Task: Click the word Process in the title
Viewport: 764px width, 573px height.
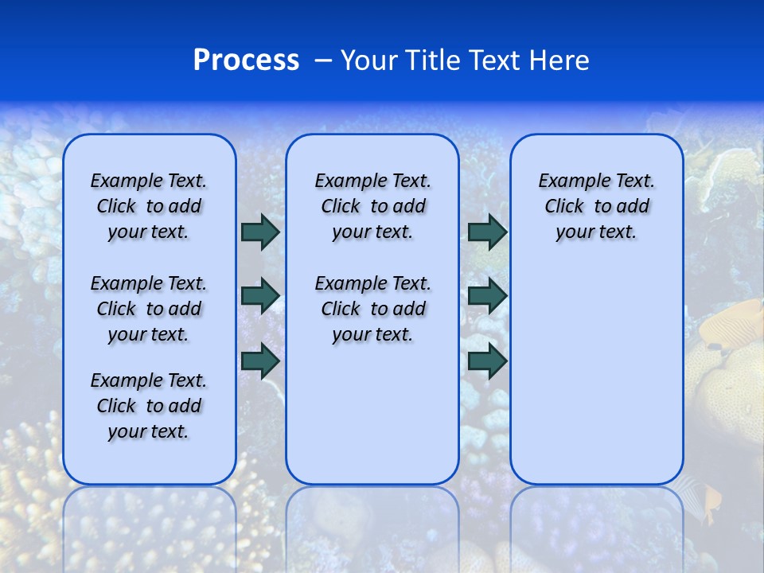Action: click(246, 60)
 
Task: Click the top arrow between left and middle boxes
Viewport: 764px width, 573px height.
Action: click(260, 232)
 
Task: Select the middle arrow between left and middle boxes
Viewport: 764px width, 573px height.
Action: click(260, 296)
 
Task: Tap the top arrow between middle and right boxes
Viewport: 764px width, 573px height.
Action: click(487, 232)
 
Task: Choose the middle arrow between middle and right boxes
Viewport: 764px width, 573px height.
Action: click(487, 296)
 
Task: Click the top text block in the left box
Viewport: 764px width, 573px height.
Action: click(149, 206)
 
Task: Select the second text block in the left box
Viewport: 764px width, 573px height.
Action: click(149, 309)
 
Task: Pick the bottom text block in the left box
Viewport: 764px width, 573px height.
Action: click(149, 406)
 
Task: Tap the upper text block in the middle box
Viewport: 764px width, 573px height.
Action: click(372, 206)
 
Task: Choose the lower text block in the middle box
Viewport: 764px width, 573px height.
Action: click(372, 309)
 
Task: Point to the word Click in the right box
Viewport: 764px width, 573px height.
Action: click(564, 207)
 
